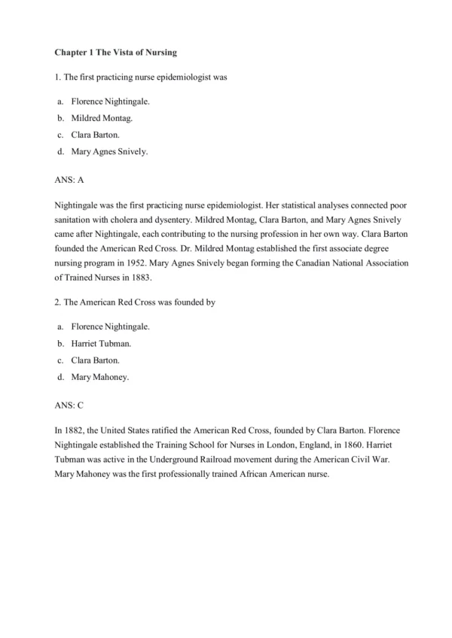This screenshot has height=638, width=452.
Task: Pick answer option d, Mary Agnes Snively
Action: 109,153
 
